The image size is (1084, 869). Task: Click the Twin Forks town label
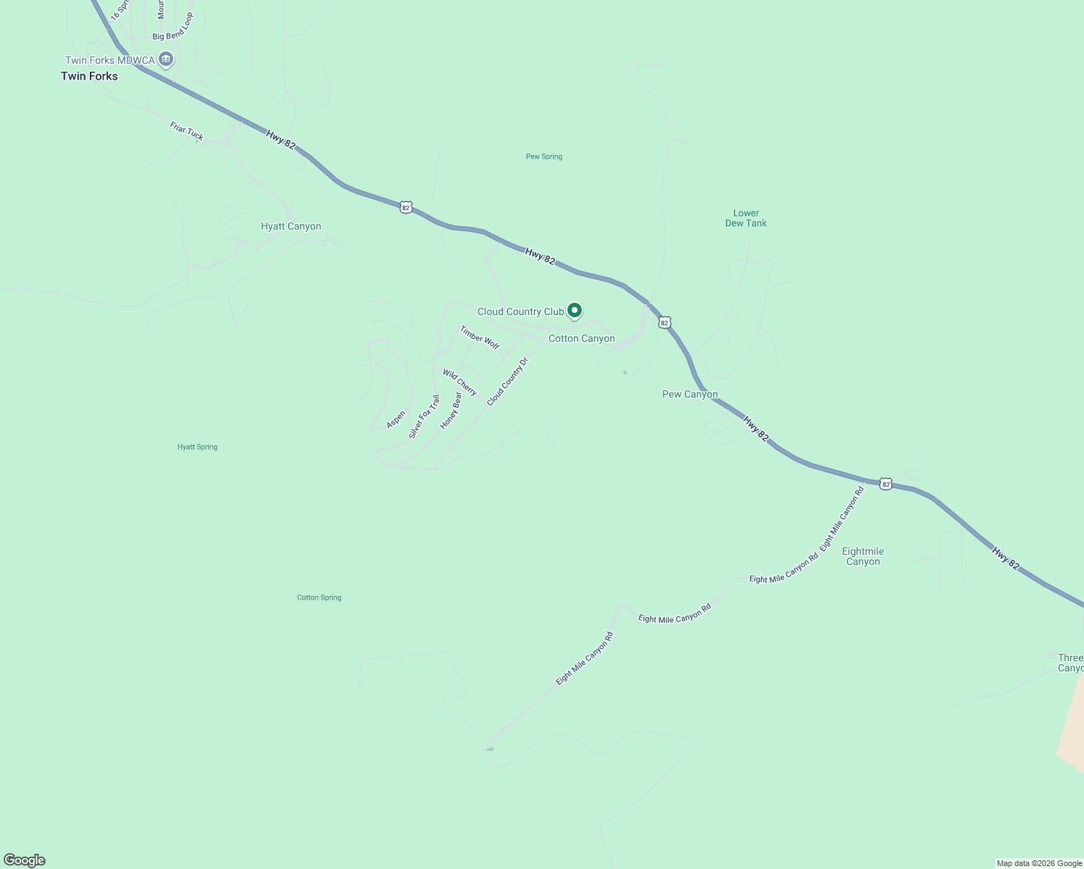coord(89,76)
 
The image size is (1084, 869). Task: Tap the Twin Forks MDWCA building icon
coord(166,59)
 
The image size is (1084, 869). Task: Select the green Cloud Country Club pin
coord(575,311)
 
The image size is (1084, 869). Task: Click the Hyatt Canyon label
coord(291,227)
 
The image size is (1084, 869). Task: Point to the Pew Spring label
coord(544,156)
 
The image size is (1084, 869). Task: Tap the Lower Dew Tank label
coord(746,218)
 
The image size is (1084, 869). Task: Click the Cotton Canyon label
coord(581,338)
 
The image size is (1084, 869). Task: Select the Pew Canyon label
coord(690,395)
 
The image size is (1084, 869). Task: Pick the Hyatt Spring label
coord(197,447)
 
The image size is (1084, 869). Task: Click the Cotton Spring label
coord(319,597)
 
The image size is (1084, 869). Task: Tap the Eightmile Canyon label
coord(863,556)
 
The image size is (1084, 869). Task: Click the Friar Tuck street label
coord(186,131)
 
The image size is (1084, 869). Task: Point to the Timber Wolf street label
coord(480,337)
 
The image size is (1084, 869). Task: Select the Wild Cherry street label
coord(460,383)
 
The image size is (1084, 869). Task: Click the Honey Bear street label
coord(451,411)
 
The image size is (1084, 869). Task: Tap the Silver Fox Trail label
coord(424,416)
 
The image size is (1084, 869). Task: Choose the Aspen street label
coord(396,419)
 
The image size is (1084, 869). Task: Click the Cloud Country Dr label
coord(507,381)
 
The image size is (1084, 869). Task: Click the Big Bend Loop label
coord(173,27)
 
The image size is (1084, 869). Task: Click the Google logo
coord(25,860)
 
